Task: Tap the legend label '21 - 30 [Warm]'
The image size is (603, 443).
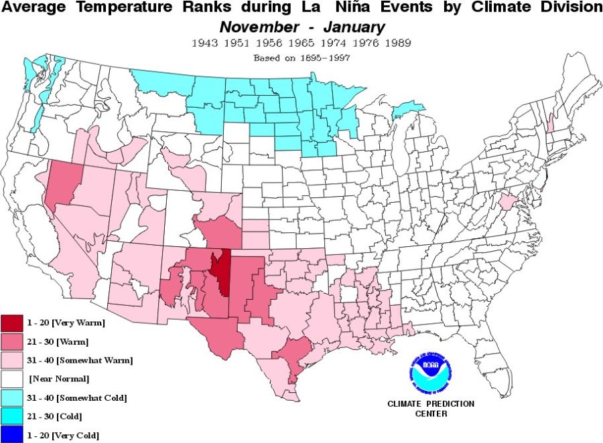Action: [54, 341]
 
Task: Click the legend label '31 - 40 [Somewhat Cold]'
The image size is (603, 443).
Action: [77, 397]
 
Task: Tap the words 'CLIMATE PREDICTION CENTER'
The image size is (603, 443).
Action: [431, 408]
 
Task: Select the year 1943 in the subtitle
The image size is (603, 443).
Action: [204, 43]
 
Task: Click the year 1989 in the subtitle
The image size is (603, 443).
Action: [397, 43]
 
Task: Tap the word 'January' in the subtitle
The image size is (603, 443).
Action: [355, 27]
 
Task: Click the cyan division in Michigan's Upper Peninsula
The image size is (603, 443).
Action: [407, 109]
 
